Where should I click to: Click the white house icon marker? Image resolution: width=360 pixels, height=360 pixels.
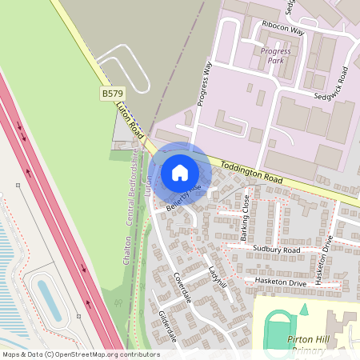(x=180, y=173)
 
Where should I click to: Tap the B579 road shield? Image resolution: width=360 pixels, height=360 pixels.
(x=111, y=94)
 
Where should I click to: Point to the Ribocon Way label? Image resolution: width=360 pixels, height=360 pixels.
(x=281, y=31)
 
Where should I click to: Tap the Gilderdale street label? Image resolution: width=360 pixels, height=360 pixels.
(x=166, y=328)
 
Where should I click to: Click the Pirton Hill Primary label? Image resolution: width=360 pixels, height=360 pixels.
(x=308, y=345)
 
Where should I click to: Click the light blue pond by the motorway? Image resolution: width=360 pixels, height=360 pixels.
(x=49, y=301)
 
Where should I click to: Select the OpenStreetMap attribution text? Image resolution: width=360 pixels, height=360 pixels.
(x=81, y=354)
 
